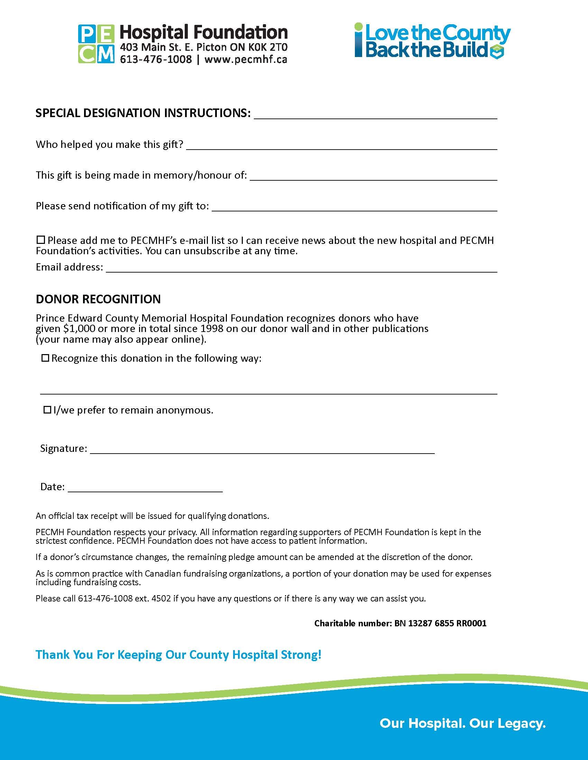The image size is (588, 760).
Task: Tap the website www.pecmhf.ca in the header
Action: pos(246,59)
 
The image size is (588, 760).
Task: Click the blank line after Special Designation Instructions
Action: pos(375,116)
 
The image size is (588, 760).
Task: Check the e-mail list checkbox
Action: pos(41,240)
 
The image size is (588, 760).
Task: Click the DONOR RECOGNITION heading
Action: pos(98,299)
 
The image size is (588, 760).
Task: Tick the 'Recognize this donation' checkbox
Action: pos(45,358)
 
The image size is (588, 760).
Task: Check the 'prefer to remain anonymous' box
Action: pos(47,410)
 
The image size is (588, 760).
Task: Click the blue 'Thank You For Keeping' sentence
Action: pos(178,655)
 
